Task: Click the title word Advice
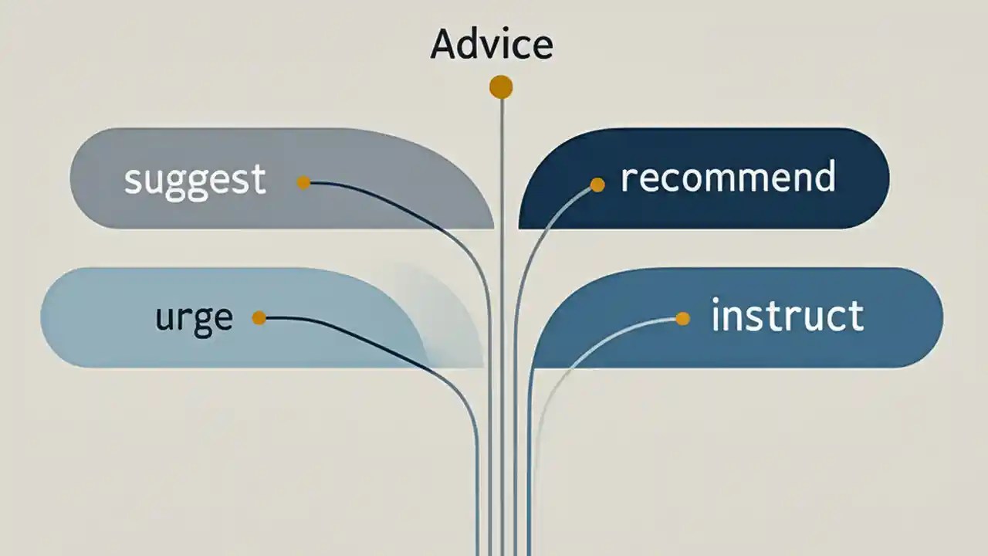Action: click(492, 45)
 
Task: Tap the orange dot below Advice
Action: click(501, 87)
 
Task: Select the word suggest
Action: click(195, 179)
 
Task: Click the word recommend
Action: click(728, 177)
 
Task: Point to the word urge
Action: click(194, 318)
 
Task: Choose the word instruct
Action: click(787, 317)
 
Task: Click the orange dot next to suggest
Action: click(303, 182)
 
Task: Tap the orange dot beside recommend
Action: click(597, 184)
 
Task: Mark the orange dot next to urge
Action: click(259, 317)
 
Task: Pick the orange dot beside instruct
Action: click(682, 318)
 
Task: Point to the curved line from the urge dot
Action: click(386, 344)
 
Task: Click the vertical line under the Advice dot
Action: click(502, 309)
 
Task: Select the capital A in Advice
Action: click(444, 45)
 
